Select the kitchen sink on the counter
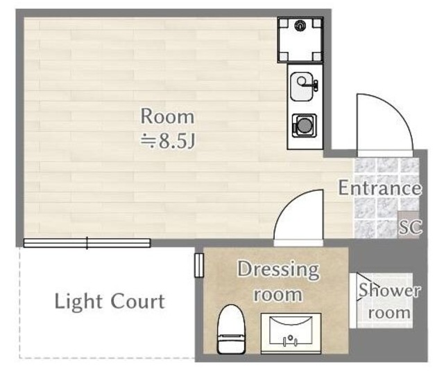click(x=302, y=87)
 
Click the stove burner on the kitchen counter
click(x=303, y=126)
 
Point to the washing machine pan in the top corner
click(x=300, y=39)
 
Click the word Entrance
click(x=379, y=188)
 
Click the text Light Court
click(x=110, y=302)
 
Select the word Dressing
click(x=277, y=269)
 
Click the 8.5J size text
click(x=169, y=141)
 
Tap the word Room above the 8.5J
click(x=167, y=116)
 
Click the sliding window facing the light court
click(x=87, y=242)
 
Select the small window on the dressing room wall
click(x=198, y=265)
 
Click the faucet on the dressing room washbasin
click(x=291, y=341)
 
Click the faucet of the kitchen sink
click(x=314, y=86)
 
